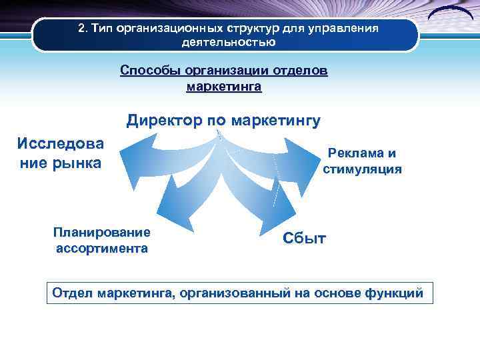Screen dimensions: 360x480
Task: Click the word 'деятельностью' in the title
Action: [228, 43]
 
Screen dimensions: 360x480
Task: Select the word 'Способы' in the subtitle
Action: [145, 71]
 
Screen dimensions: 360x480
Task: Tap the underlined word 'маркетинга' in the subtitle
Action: [224, 87]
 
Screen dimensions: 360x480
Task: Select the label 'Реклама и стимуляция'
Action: [362, 161]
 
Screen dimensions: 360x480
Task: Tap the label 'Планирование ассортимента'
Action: [101, 240]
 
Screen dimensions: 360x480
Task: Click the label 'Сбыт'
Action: [304, 238]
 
